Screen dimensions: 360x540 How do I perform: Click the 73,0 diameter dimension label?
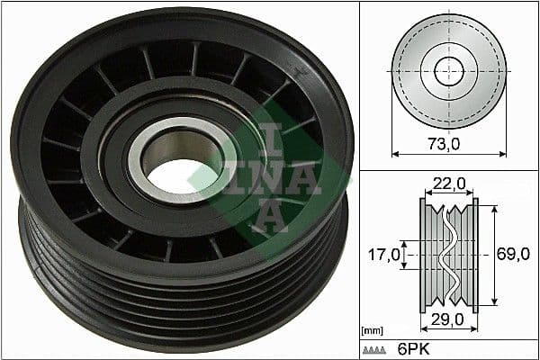coord(448,141)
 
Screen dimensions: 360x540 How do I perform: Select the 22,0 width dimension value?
coord(448,183)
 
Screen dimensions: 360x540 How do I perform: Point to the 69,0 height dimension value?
coord(512,256)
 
